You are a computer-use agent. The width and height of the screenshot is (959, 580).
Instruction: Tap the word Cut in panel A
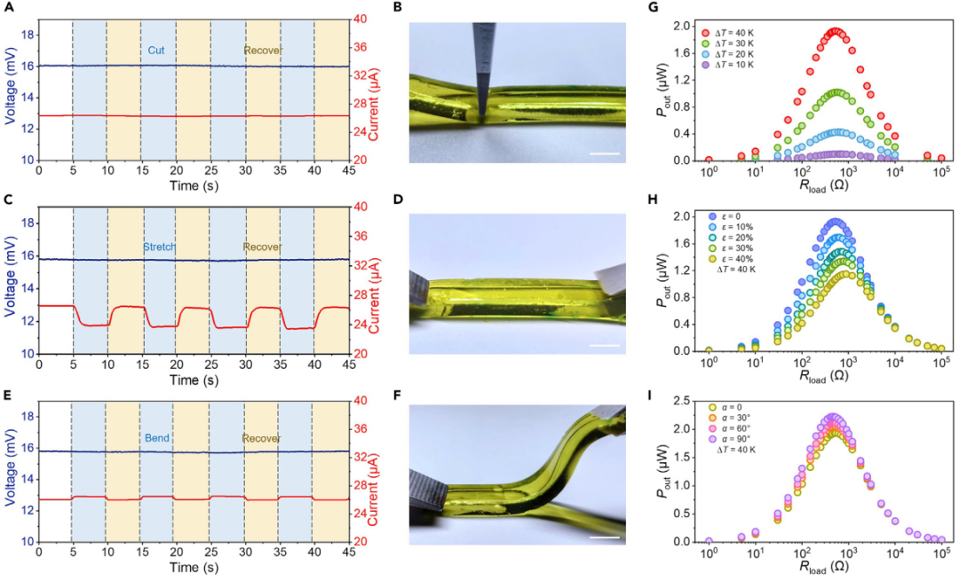tap(156, 50)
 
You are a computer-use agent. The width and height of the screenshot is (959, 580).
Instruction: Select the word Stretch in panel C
tap(159, 247)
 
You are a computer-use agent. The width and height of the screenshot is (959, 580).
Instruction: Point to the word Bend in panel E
tap(157, 438)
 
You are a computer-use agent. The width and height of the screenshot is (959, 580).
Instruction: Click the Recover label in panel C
tap(263, 247)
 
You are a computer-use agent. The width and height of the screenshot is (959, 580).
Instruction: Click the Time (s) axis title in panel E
tap(193, 568)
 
